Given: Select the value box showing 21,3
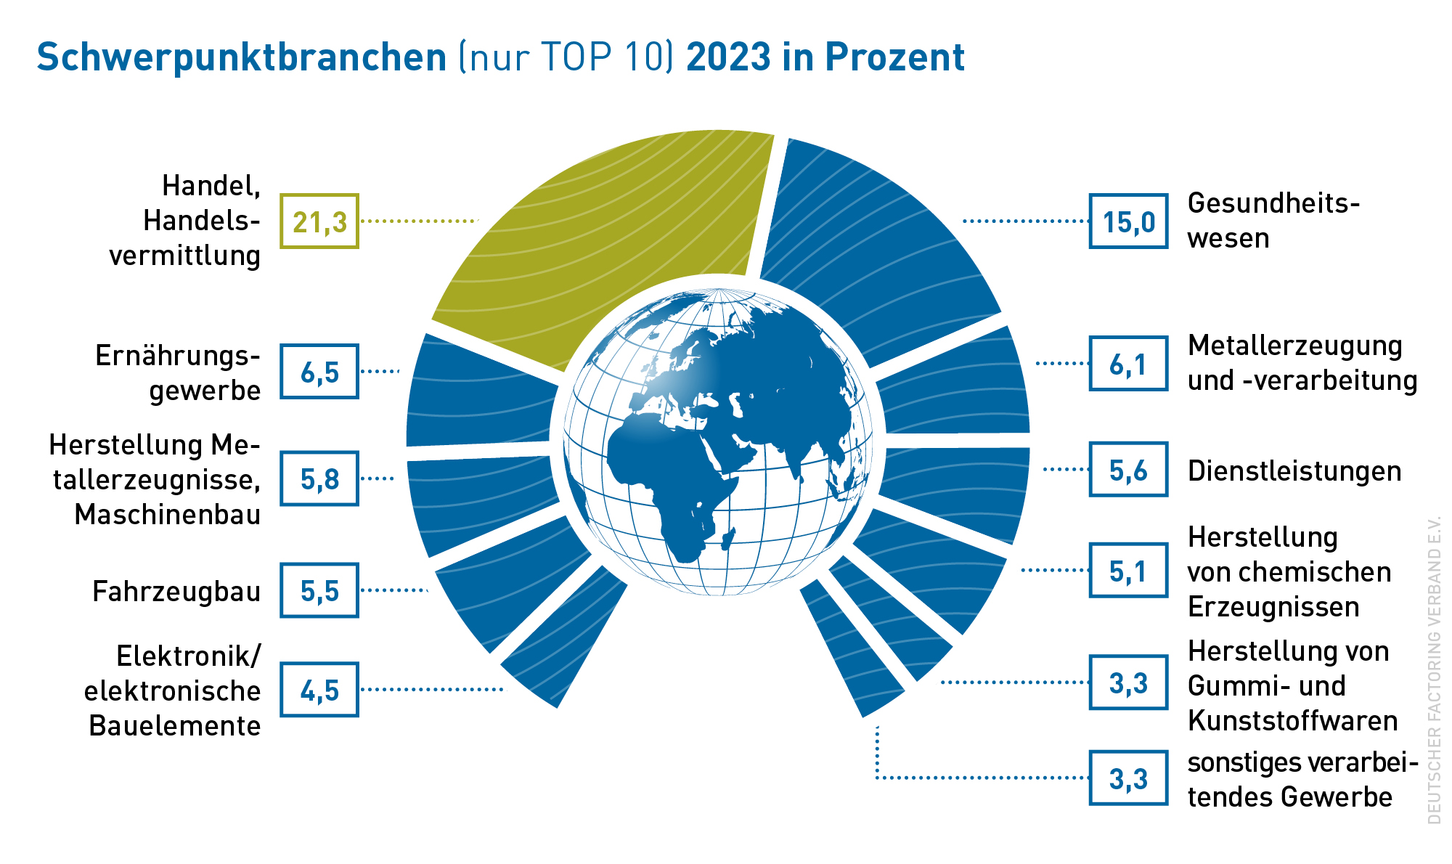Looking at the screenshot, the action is click(x=319, y=221).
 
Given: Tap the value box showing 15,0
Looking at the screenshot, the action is click(x=1128, y=221).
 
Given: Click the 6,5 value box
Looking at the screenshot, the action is click(x=319, y=372).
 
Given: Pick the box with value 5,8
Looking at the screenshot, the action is click(x=319, y=478).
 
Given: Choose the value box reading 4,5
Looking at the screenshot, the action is click(x=319, y=690).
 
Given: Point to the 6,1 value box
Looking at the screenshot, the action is click(x=1128, y=364).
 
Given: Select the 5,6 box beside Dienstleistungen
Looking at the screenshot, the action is click(x=1128, y=470).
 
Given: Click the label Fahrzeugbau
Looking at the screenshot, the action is click(x=176, y=592).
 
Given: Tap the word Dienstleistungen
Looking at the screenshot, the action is click(x=1294, y=471).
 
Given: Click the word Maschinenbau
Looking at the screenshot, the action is click(x=168, y=514).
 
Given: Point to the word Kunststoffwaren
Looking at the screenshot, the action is click(x=1293, y=720).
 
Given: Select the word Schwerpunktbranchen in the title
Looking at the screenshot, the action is click(x=242, y=57).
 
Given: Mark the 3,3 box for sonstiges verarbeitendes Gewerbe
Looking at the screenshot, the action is click(x=1128, y=778).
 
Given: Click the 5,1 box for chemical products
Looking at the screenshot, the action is click(x=1128, y=571).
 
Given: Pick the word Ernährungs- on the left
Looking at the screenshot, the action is click(x=178, y=356).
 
